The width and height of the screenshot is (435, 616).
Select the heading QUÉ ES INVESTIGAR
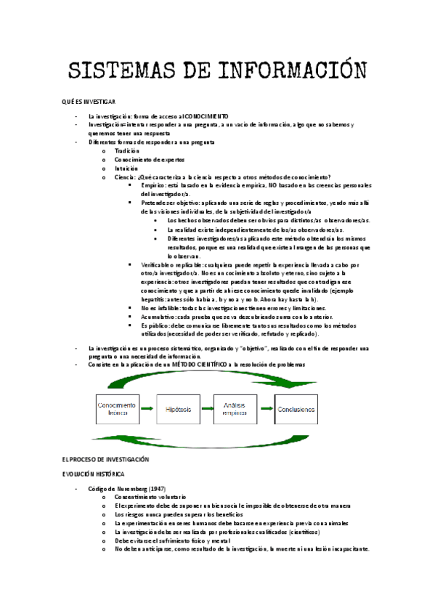click(x=90, y=103)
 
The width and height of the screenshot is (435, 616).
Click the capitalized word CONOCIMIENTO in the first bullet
click(x=206, y=116)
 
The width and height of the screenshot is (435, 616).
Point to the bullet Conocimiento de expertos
click(x=150, y=160)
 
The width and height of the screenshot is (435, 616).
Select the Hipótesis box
click(x=178, y=410)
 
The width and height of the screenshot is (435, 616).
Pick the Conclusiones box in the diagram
click(x=297, y=410)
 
